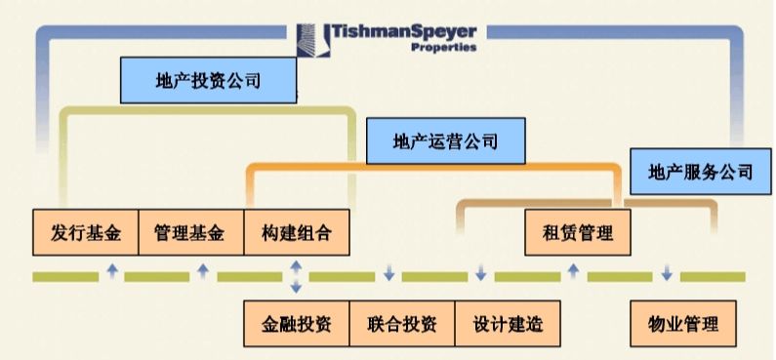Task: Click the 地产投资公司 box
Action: tap(208, 81)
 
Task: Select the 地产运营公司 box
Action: tap(446, 141)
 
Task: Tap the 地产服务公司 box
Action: tap(701, 172)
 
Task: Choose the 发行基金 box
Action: tap(85, 233)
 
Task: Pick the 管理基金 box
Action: tap(189, 233)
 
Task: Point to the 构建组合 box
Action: tap(296, 233)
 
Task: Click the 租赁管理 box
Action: tap(577, 233)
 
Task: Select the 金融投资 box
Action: tap(296, 323)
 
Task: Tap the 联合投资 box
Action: tap(402, 323)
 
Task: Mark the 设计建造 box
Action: tap(508, 323)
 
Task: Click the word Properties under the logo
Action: tap(444, 47)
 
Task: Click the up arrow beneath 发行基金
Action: tap(111, 271)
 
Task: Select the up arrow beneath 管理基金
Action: tap(202, 271)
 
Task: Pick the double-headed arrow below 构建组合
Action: tap(295, 276)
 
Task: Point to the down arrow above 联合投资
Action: tap(388, 271)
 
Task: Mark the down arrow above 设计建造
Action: tap(480, 271)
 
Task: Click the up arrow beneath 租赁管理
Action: tap(573, 271)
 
